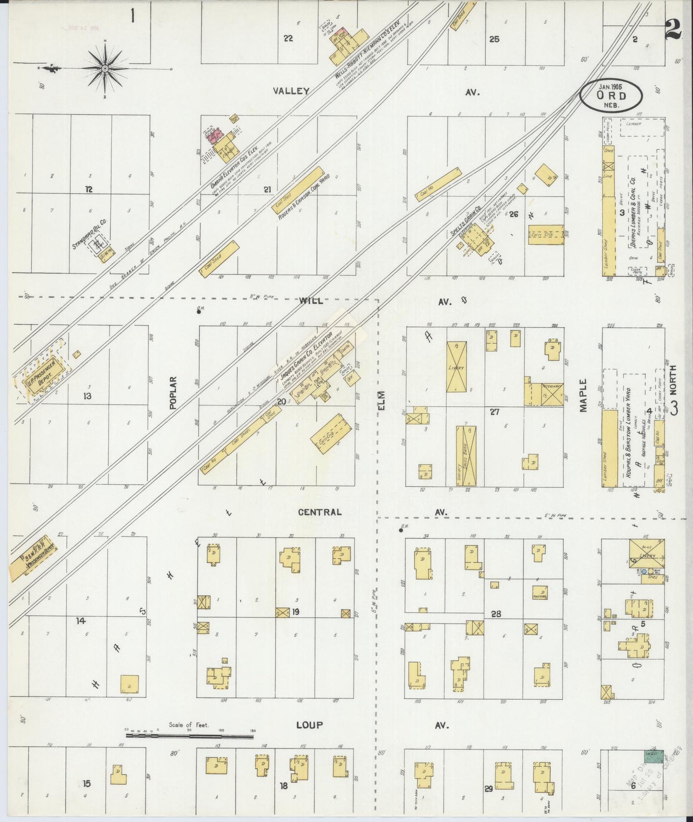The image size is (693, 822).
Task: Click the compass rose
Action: pyautogui.click(x=105, y=68)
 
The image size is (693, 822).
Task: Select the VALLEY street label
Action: pyautogui.click(x=291, y=91)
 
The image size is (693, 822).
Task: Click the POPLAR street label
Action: pyautogui.click(x=173, y=392)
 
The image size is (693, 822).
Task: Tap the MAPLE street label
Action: pyautogui.click(x=583, y=395)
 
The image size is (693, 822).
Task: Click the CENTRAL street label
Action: pyautogui.click(x=320, y=512)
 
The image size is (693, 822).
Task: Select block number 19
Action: pyautogui.click(x=296, y=611)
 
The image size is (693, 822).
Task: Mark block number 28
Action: pyautogui.click(x=496, y=613)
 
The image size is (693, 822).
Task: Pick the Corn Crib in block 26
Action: pyautogui.click(x=546, y=235)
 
